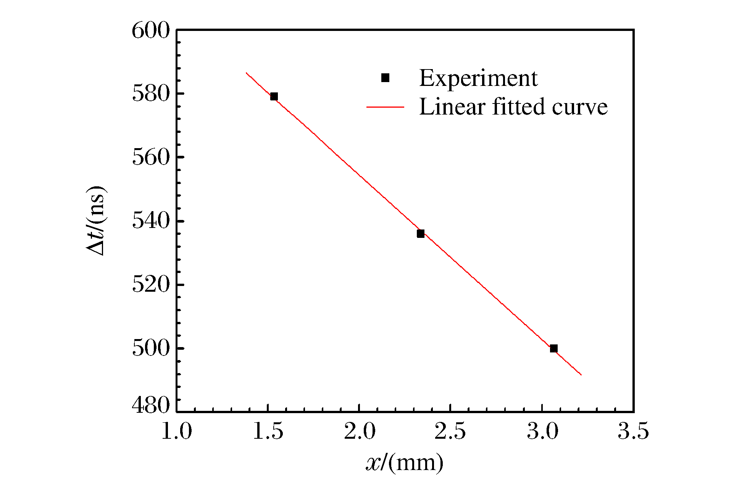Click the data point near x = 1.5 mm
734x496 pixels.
point(274,96)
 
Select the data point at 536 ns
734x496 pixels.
point(420,234)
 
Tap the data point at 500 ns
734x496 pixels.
point(553,348)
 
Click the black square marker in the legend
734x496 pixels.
point(385,78)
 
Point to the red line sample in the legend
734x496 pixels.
point(385,107)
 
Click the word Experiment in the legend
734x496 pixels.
point(478,78)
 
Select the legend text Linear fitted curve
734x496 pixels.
point(513,107)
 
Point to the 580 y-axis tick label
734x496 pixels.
point(150,94)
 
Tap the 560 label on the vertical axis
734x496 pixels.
point(150,158)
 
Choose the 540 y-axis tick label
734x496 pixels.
point(150,221)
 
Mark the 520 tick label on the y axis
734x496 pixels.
point(150,285)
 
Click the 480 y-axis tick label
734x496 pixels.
point(150,406)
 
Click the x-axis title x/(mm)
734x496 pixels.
point(405,463)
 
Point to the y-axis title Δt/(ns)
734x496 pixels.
point(95,221)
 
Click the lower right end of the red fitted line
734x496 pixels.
point(581,375)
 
